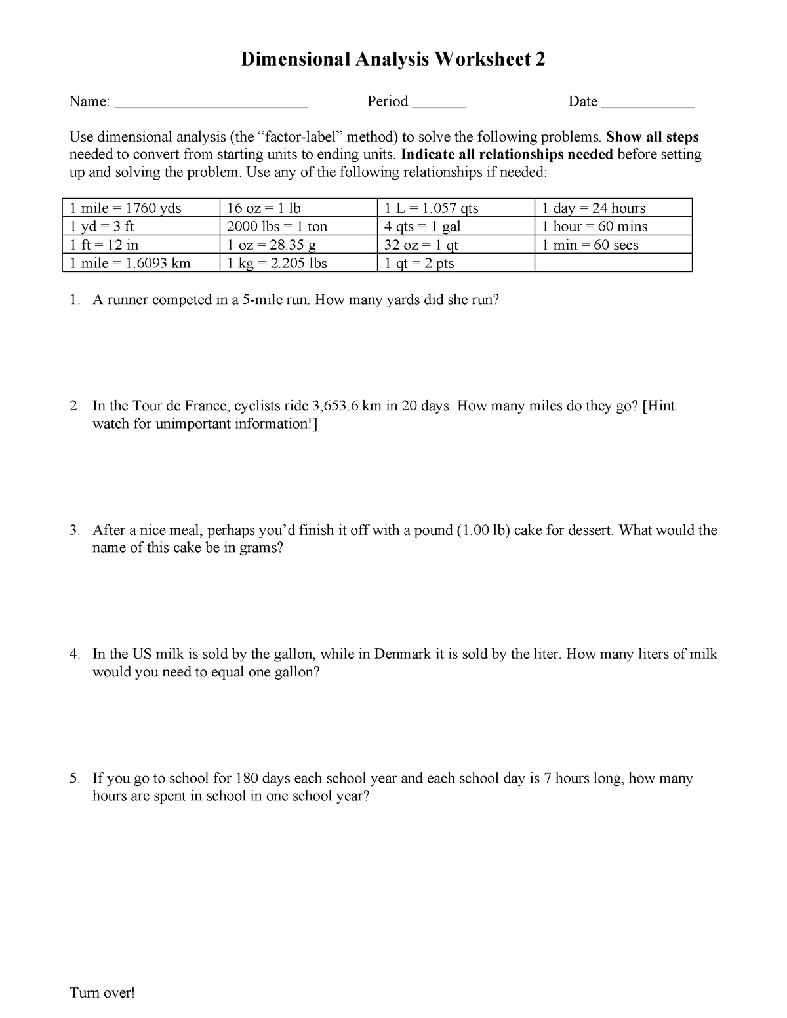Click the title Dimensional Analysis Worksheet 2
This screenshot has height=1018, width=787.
(x=393, y=60)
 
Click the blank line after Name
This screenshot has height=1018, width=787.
(x=211, y=105)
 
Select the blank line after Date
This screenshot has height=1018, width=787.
(x=647, y=105)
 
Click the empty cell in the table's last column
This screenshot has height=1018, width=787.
(x=613, y=264)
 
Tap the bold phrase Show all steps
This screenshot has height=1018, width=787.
(x=653, y=138)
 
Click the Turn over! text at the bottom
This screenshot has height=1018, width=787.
(x=102, y=994)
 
